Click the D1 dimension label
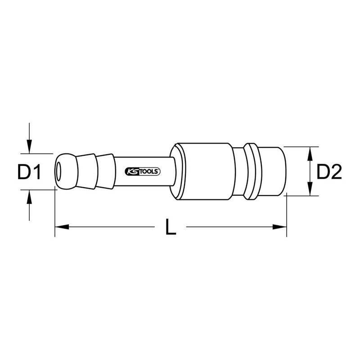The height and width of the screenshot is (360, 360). [x=29, y=171]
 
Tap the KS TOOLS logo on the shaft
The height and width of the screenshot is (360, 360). [x=142, y=171]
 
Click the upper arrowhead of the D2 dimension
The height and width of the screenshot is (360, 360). [x=310, y=153]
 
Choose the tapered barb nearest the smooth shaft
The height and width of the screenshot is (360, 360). [x=106, y=171]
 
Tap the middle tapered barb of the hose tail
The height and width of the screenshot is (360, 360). [x=88, y=171]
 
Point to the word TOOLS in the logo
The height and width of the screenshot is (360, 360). [x=149, y=171]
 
